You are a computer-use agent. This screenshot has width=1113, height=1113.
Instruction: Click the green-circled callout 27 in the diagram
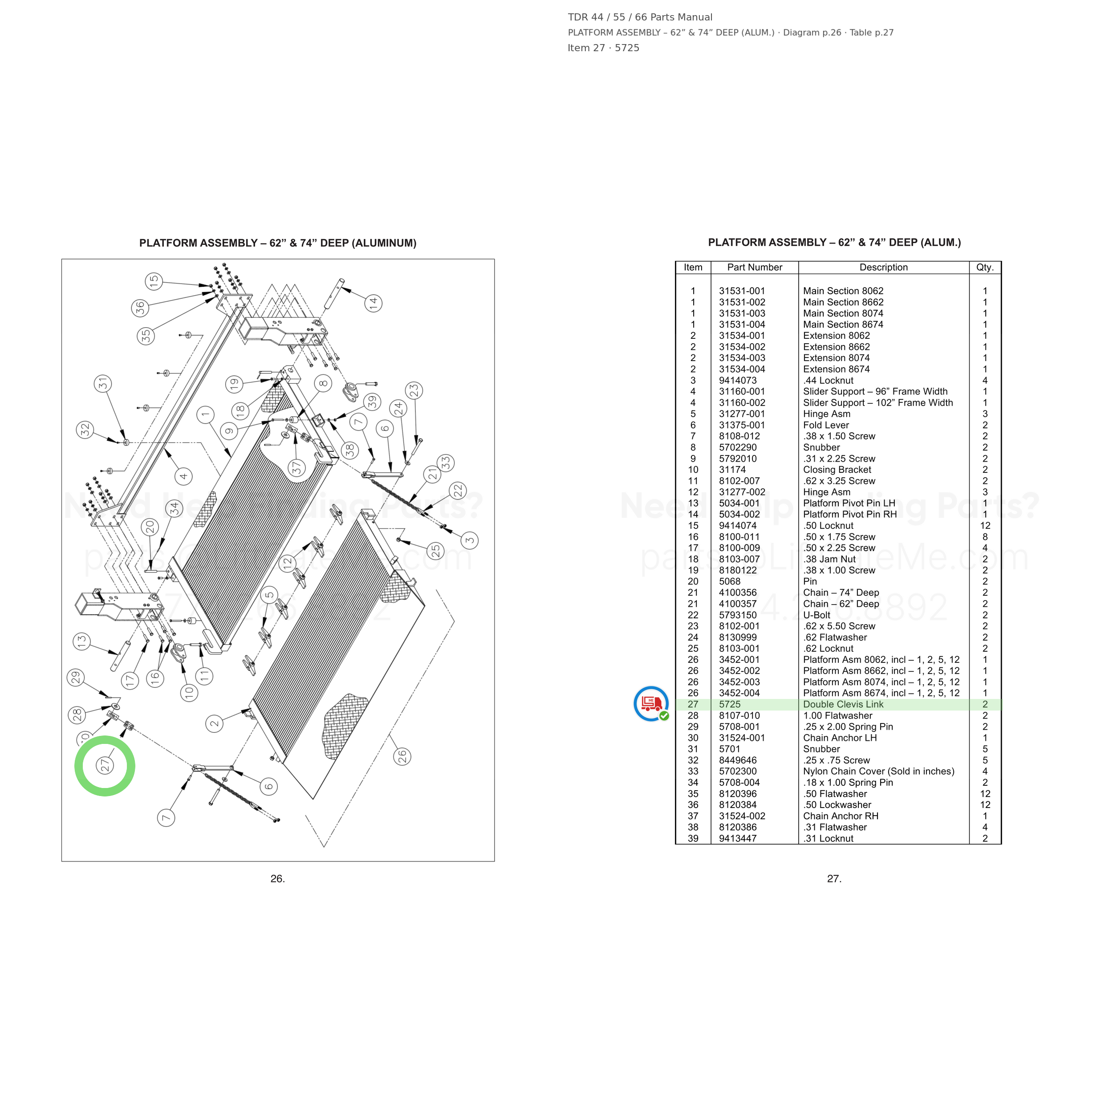(x=105, y=766)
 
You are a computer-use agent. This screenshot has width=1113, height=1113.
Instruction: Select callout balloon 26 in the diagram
(x=402, y=756)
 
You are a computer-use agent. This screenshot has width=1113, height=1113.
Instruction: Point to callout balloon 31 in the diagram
(x=102, y=384)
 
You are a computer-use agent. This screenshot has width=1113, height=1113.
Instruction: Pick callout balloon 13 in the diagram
(x=82, y=641)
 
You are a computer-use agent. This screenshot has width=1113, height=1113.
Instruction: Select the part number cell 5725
(x=729, y=704)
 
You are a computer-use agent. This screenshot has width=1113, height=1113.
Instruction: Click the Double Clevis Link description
(x=843, y=704)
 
